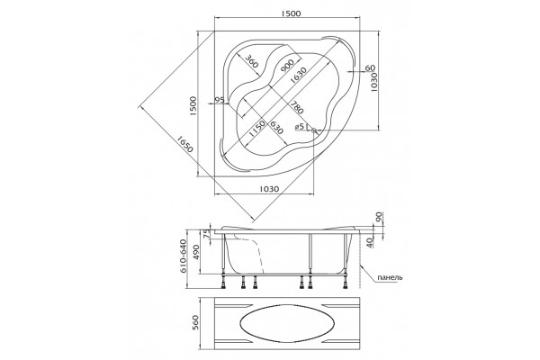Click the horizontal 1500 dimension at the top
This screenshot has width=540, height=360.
(291, 13)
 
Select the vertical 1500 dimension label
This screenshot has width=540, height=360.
(193, 106)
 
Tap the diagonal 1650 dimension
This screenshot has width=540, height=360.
(184, 144)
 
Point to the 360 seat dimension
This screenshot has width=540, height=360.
(251, 61)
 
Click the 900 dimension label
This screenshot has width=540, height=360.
(286, 66)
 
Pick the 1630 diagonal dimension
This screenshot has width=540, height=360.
(298, 76)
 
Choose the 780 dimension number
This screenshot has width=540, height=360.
(297, 107)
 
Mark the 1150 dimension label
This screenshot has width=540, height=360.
(256, 129)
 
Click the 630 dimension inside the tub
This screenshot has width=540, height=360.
(276, 128)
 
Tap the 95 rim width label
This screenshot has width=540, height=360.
(220, 100)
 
